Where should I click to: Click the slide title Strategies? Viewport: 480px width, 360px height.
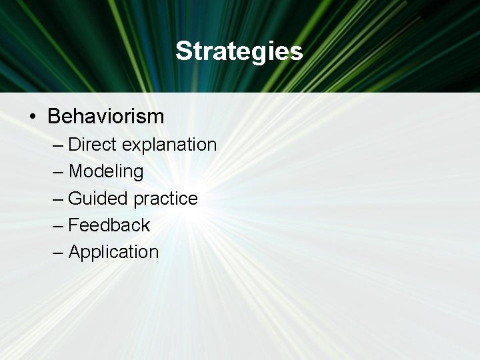239,51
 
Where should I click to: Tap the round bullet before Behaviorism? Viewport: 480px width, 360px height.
33,117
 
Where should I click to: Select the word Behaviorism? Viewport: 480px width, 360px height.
105,117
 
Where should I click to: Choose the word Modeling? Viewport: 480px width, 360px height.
106,171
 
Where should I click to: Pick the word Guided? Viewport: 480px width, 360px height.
99,199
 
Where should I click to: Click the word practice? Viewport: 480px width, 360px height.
165,199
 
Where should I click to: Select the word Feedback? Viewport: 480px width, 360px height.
109,225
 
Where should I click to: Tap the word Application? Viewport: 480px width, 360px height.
113,252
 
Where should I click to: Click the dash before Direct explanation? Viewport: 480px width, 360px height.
58,145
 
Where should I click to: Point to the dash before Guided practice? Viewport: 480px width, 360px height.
58,199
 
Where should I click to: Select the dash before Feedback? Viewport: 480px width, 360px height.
58,226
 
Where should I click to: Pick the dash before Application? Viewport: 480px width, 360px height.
58,253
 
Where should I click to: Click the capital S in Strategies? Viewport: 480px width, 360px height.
183,51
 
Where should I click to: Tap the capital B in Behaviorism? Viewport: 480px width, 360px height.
55,117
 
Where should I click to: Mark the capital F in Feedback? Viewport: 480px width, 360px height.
74,225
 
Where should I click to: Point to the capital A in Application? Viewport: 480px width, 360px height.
75,252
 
